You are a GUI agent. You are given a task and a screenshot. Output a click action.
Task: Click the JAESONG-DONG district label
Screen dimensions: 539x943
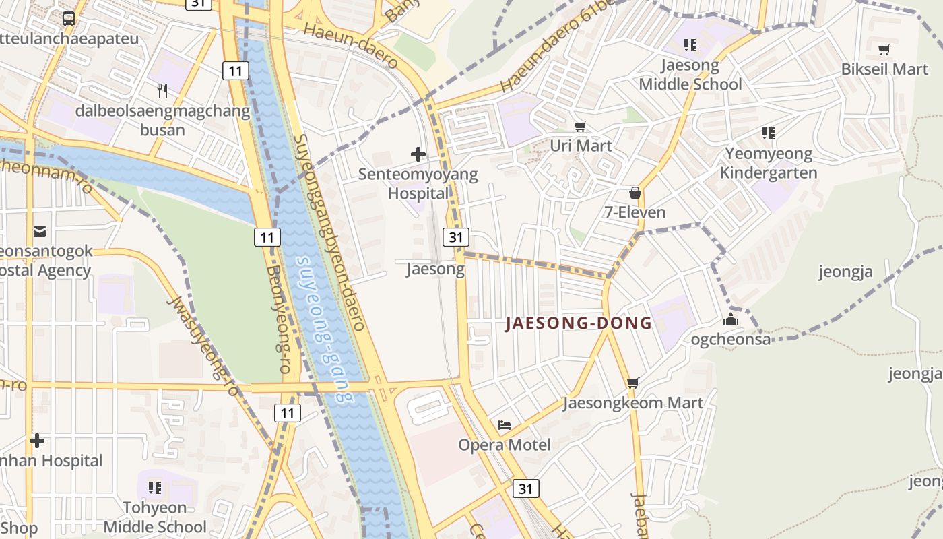(579, 323)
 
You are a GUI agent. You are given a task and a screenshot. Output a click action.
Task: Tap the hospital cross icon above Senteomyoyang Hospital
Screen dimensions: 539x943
(418, 154)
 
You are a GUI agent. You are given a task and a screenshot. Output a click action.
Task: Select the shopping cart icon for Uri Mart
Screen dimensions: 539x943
(580, 126)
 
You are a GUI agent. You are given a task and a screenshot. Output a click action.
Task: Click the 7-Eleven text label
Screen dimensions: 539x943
(635, 212)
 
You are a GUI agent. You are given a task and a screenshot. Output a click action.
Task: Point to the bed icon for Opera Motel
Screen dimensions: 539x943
(505, 425)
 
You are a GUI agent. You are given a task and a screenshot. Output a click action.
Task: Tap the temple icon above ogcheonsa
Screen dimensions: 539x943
(731, 320)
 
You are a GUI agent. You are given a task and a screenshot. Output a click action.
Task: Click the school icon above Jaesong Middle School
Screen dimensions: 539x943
(690, 45)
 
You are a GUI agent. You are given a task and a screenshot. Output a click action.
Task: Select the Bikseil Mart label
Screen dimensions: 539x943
(884, 69)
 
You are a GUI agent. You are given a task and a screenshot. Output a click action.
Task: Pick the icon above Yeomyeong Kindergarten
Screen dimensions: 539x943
(768, 133)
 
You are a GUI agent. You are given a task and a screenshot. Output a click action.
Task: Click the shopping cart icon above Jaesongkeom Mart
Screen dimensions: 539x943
(632, 383)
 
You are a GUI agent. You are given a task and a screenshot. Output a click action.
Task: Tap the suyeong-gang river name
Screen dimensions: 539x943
(325, 329)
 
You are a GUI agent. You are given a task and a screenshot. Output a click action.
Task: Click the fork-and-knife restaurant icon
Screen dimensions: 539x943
(162, 90)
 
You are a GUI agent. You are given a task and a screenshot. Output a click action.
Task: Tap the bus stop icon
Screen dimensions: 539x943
(68, 18)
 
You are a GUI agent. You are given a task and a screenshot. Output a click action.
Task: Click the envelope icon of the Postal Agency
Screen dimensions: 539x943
(40, 232)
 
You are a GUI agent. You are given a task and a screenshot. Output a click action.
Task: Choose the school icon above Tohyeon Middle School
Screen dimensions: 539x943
(155, 486)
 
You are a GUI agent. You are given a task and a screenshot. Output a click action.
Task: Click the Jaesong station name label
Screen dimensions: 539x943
(435, 269)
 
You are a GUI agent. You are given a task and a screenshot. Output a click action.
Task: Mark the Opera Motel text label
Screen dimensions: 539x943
(505, 445)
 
